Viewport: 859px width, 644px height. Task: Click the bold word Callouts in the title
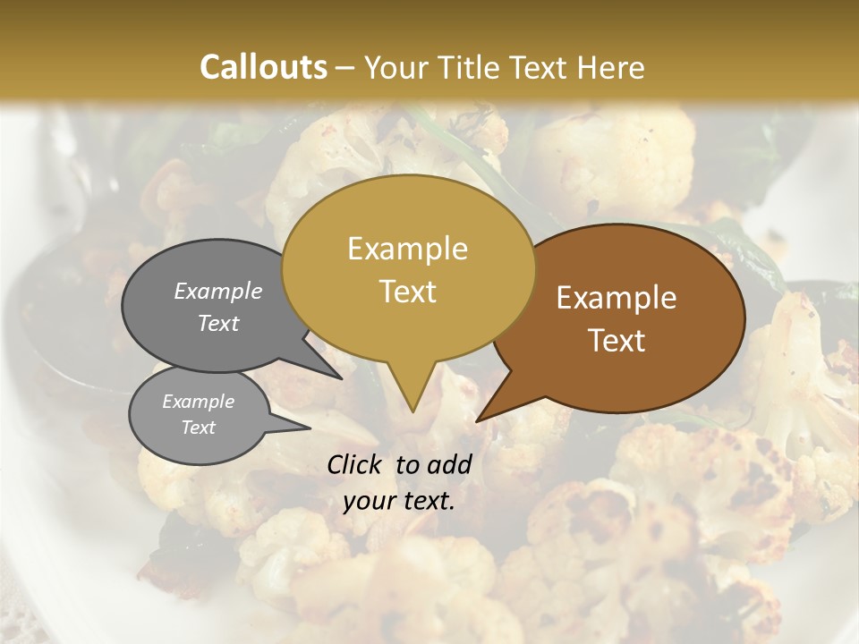click(x=263, y=67)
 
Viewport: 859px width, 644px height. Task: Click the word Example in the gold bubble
click(x=407, y=249)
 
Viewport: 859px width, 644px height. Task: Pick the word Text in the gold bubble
click(x=407, y=292)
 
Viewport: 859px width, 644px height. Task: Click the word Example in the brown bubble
click(x=617, y=298)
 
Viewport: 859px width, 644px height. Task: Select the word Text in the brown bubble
click(x=617, y=341)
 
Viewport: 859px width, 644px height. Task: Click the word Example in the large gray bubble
click(x=218, y=291)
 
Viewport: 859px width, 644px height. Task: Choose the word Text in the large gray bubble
click(x=218, y=324)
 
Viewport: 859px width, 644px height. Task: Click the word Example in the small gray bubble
click(x=198, y=402)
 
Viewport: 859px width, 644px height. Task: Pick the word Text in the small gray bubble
click(x=198, y=428)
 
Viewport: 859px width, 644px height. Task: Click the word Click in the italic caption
click(x=357, y=464)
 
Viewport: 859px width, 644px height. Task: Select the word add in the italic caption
click(x=450, y=464)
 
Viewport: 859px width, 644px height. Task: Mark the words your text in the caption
click(x=399, y=501)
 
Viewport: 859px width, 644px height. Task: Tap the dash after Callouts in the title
click(x=346, y=67)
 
